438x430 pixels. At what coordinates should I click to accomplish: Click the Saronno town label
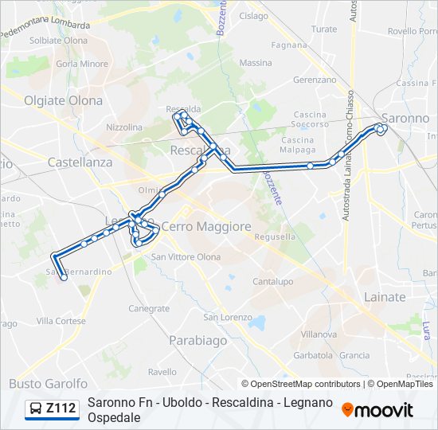(405, 118)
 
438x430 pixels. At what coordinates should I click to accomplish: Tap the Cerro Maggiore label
(206, 227)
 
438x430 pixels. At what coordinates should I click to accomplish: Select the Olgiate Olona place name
(64, 100)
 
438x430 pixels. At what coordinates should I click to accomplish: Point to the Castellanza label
(80, 162)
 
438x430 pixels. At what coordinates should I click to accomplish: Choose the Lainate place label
(384, 297)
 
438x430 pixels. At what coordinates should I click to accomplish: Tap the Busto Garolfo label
(48, 384)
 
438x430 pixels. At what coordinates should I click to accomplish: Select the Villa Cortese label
(61, 321)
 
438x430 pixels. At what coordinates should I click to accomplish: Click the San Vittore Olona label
(186, 256)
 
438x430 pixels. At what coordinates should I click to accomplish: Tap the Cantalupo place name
(273, 282)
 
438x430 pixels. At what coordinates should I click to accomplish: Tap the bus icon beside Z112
(36, 409)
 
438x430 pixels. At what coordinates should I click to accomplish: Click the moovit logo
(377, 410)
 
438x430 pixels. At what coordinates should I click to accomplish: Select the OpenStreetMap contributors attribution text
(305, 384)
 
